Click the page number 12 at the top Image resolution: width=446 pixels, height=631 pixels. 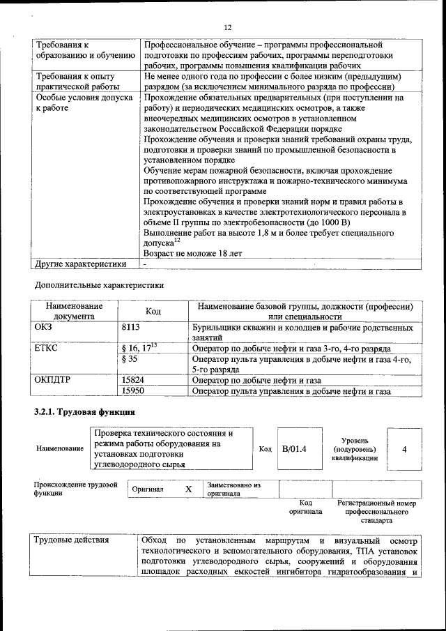click(x=227, y=28)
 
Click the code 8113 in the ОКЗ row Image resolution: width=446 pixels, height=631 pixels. click(x=131, y=326)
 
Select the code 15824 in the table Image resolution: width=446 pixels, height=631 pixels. click(x=133, y=381)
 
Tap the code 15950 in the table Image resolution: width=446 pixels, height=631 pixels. click(x=133, y=391)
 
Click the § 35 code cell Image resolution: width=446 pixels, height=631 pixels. click(x=130, y=359)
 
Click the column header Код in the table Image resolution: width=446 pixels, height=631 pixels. click(x=153, y=311)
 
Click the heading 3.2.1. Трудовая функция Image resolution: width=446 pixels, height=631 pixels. click(x=74, y=412)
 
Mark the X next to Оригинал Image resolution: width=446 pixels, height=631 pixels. click(x=188, y=489)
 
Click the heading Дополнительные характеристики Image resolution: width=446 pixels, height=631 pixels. click(x=99, y=284)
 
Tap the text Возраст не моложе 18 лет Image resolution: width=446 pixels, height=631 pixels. click(x=192, y=254)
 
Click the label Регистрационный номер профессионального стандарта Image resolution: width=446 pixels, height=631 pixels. click(x=376, y=511)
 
